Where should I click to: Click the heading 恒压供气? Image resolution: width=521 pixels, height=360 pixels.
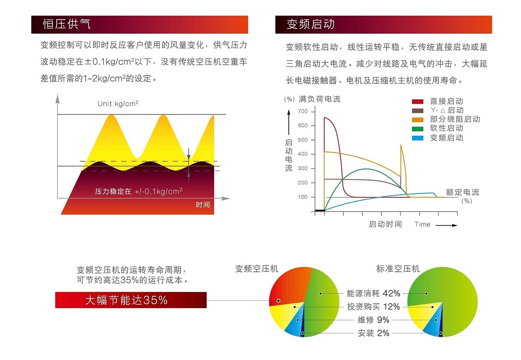67,24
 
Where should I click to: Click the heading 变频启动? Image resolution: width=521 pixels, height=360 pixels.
310,24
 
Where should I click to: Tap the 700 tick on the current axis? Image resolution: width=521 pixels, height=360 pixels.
303,111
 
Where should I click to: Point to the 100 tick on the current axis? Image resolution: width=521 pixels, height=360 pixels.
303,197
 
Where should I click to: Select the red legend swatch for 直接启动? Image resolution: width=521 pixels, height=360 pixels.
418,102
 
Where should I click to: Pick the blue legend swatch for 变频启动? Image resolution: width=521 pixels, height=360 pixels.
418,138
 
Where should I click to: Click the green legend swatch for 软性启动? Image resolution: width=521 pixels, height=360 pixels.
418,129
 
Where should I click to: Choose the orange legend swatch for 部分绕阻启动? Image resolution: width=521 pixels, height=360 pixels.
418,120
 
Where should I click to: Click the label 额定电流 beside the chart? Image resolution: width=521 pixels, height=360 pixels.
462,192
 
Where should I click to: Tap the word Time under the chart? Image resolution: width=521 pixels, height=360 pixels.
422,224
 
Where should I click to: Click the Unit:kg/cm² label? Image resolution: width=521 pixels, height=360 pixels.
118,104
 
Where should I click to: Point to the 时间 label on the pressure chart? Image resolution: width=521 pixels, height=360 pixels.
203,205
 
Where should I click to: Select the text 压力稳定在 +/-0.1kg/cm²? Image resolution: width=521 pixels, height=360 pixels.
139,191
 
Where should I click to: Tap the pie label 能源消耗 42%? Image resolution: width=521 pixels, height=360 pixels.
373,293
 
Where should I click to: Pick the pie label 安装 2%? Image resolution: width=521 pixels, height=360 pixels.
373,333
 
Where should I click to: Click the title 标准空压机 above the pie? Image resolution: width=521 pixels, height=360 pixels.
398,269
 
